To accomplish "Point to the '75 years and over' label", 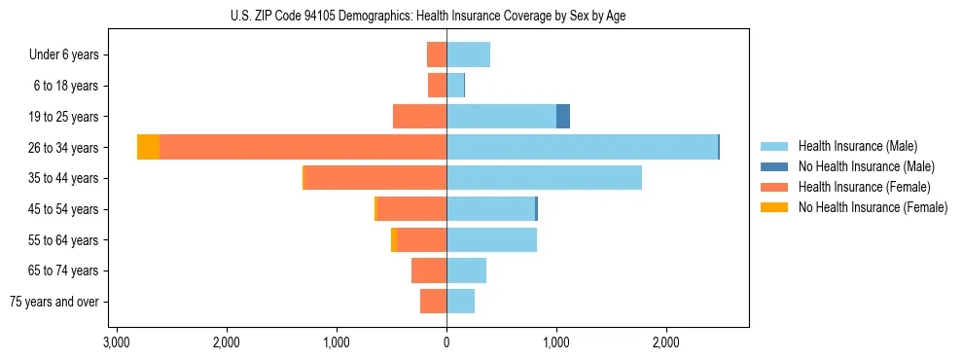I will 54,302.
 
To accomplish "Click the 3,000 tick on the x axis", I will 117,342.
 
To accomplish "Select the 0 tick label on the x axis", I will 446,342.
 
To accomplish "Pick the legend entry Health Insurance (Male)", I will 857,146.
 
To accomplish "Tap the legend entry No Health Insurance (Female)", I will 872,207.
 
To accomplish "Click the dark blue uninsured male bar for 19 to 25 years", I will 563,117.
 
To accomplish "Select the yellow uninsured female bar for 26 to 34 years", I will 148,147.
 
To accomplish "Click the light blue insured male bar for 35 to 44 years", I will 544,178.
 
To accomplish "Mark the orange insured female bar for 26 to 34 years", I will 303,147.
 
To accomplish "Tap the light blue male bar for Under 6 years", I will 468,54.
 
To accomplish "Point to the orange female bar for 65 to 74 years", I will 429,270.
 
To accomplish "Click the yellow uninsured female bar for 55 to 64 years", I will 394,240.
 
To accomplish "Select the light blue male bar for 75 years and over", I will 460,302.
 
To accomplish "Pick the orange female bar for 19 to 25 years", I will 419,117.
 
